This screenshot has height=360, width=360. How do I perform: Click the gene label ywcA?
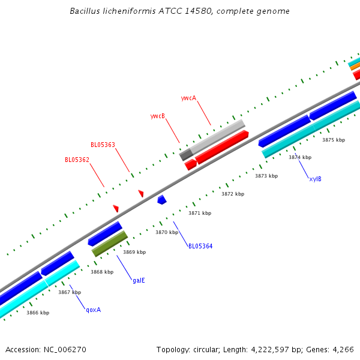pyautogui.click(x=188, y=98)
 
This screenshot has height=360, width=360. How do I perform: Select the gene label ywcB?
pyautogui.click(x=157, y=116)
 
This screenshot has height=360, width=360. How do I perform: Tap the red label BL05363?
pyautogui.click(x=103, y=145)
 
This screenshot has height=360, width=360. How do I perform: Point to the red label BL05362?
pyautogui.click(x=77, y=160)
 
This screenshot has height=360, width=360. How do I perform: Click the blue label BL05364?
pyautogui.click(x=200, y=246)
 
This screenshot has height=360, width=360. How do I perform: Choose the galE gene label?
pyautogui.click(x=139, y=280)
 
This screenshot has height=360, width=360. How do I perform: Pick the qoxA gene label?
pyautogui.click(x=93, y=310)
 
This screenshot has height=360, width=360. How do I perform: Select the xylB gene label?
pyautogui.click(x=315, y=179)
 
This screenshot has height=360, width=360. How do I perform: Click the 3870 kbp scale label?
pyautogui.click(x=167, y=232)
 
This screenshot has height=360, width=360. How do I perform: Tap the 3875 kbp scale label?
pyautogui.click(x=334, y=140)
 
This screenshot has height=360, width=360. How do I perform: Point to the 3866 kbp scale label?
pyautogui.click(x=38, y=313)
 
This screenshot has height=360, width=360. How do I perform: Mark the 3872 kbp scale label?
pyautogui.click(x=233, y=194)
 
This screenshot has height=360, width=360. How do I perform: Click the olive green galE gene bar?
pyautogui.click(x=110, y=243)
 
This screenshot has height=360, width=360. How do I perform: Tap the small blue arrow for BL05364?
pyautogui.click(x=161, y=199)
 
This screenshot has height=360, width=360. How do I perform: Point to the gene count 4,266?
pyautogui.click(x=343, y=349)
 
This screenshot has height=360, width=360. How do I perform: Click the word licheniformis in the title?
pyautogui.click(x=127, y=11)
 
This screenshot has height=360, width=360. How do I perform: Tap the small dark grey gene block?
pyautogui.click(x=186, y=155)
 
